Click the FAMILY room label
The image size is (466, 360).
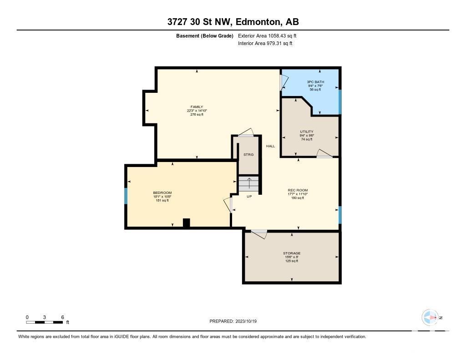(197, 106)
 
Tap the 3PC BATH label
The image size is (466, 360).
(315, 82)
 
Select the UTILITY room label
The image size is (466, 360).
(306, 132)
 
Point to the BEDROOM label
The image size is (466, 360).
(162, 193)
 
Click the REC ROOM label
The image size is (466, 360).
(298, 190)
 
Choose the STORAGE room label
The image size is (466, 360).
(292, 254)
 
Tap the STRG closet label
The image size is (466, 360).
(248, 155)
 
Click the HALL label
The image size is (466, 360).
(270, 146)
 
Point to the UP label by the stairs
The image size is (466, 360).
(249, 197)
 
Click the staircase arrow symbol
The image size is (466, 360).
(249, 181)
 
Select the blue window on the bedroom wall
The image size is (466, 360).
(126, 196)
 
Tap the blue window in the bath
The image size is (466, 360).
(340, 101)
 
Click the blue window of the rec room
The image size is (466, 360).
(340, 215)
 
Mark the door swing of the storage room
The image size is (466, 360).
(259, 233)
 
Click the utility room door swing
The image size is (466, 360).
(324, 153)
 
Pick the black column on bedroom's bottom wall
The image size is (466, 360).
(186, 223)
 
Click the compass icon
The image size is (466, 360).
(430, 318)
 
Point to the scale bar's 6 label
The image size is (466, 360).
(62, 317)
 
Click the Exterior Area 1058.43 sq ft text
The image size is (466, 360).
(267, 35)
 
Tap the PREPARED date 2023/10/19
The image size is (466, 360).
(246, 321)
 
